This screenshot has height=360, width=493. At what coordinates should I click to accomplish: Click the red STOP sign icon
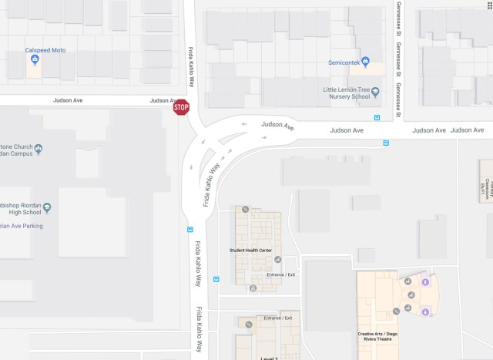tap(181, 108)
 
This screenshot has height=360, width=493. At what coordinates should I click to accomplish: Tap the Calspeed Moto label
tap(45, 50)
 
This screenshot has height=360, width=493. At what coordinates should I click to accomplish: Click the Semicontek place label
tap(344, 62)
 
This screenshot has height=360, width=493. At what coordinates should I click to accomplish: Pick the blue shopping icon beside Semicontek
tap(366, 62)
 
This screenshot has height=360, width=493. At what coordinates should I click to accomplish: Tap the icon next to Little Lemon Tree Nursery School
tap(376, 93)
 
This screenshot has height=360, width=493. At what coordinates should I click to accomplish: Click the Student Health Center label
tap(251, 251)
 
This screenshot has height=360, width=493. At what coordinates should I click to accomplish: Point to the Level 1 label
tap(269, 358)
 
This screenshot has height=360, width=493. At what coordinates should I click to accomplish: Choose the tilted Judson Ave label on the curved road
tap(277, 125)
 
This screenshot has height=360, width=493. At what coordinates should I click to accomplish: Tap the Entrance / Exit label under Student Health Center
tap(280, 274)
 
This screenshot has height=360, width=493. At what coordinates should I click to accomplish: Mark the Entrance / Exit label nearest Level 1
tap(277, 318)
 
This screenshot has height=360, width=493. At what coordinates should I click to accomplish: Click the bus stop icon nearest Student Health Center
tap(216, 279)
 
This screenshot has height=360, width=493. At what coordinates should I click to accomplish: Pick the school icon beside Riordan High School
tap(46, 207)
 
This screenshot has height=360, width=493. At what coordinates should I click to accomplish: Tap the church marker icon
tap(39, 149)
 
